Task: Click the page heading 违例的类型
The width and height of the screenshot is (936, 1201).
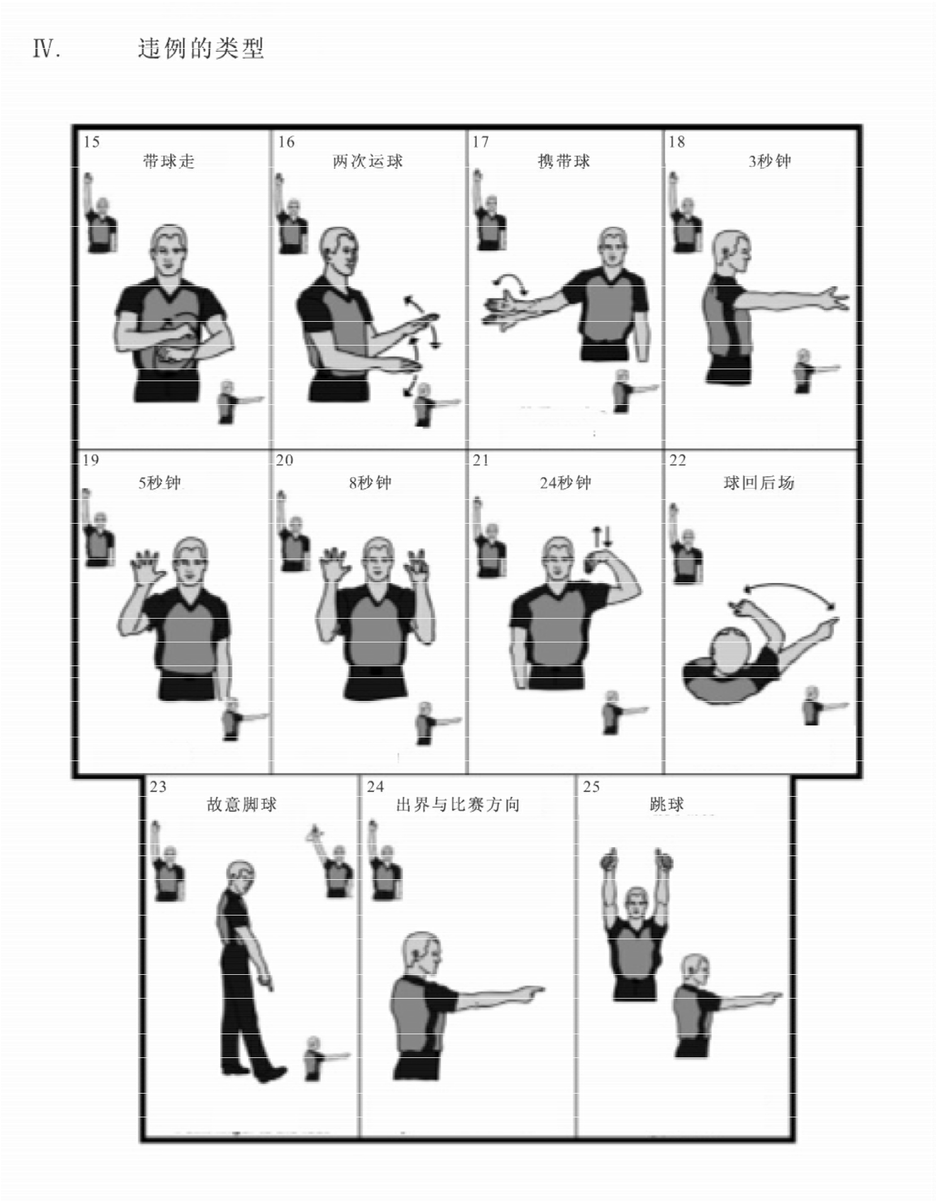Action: pyautogui.click(x=201, y=48)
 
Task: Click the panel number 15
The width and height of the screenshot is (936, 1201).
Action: pyautogui.click(x=92, y=141)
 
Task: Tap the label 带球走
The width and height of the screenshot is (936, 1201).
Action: pyautogui.click(x=169, y=161)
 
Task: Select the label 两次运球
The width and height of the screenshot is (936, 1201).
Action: pyautogui.click(x=368, y=161)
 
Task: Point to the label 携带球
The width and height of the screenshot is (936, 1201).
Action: pyautogui.click(x=563, y=161)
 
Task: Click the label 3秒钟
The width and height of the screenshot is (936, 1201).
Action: pyautogui.click(x=770, y=161)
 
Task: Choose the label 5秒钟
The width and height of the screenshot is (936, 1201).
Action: pyautogui.click(x=160, y=482)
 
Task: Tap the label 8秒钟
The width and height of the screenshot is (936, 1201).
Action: pyautogui.click(x=370, y=482)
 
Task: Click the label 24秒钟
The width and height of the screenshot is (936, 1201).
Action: pyautogui.click(x=566, y=482)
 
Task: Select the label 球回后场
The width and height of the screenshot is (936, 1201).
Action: pyautogui.click(x=759, y=482)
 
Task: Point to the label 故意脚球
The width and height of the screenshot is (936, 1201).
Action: pyautogui.click(x=241, y=804)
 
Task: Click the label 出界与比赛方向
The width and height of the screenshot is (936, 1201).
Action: pyautogui.click(x=458, y=804)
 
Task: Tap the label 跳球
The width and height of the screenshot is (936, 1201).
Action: pyautogui.click(x=667, y=804)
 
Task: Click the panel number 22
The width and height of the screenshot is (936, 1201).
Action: pyautogui.click(x=678, y=460)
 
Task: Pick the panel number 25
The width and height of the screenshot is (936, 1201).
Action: pyautogui.click(x=592, y=787)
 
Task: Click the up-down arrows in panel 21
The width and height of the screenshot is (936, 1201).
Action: pyautogui.click(x=602, y=536)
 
